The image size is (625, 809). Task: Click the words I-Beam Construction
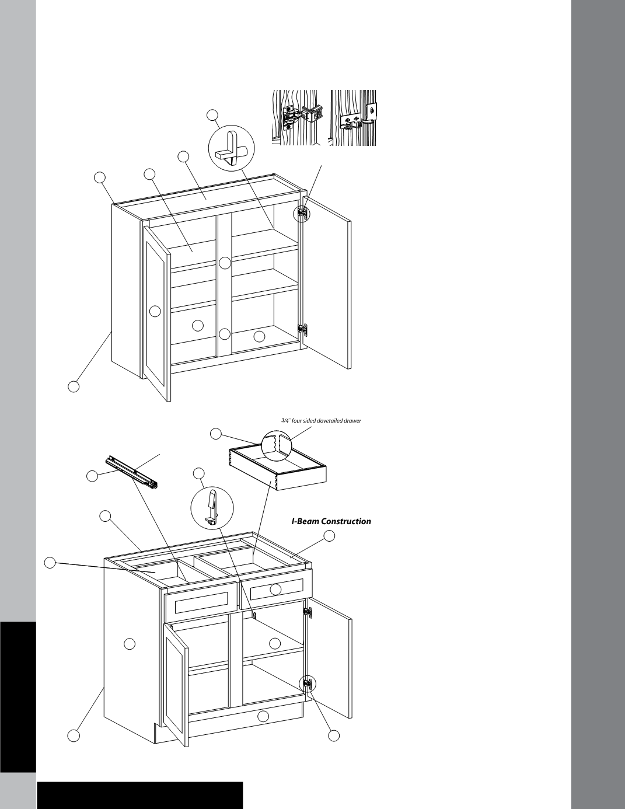pos(331,521)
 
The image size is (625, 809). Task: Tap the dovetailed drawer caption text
pos(317,420)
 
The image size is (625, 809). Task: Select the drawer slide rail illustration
pos(132,472)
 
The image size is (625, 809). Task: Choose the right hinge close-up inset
pos(352,117)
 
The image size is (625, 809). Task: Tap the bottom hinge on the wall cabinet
pos(302,329)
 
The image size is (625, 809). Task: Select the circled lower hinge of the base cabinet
pos(307,684)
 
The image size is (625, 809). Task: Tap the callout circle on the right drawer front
pos(275,590)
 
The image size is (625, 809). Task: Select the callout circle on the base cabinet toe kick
pos(263,716)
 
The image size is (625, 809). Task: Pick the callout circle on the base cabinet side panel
pos(130,644)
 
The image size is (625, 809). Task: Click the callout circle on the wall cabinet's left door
pos(155,311)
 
